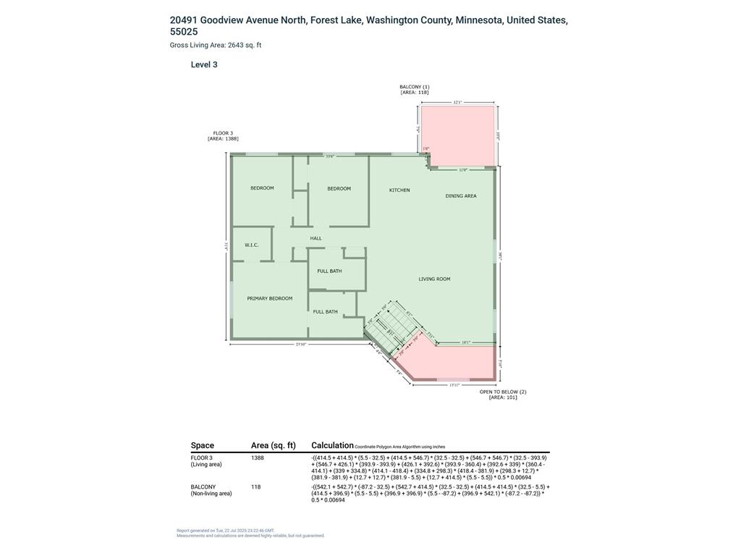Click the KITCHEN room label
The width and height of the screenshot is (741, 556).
coord(399,190)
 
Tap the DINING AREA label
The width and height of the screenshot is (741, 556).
coord(460,196)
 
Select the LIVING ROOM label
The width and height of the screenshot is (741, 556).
coord(434,279)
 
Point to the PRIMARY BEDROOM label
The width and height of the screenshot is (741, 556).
coord(270,298)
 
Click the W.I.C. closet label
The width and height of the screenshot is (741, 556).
coord(252,245)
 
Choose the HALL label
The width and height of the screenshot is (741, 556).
coord(316,238)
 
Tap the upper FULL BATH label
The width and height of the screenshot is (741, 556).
coord(329,271)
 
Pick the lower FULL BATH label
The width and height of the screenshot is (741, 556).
coord(325,312)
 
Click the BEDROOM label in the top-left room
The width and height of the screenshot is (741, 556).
coord(262,188)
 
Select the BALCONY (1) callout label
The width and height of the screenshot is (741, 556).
coord(415,90)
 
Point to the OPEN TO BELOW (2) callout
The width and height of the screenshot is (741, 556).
coord(503,395)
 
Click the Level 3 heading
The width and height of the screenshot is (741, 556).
coord(204,64)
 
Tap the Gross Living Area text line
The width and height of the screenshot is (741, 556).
coord(216,45)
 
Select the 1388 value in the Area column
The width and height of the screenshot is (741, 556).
coord(258,458)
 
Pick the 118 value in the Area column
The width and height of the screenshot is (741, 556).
coord(256,487)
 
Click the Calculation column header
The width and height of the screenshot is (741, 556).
coord(332,445)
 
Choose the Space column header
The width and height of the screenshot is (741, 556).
coord(203,446)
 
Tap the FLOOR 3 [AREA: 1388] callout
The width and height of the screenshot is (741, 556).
coord(223,136)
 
